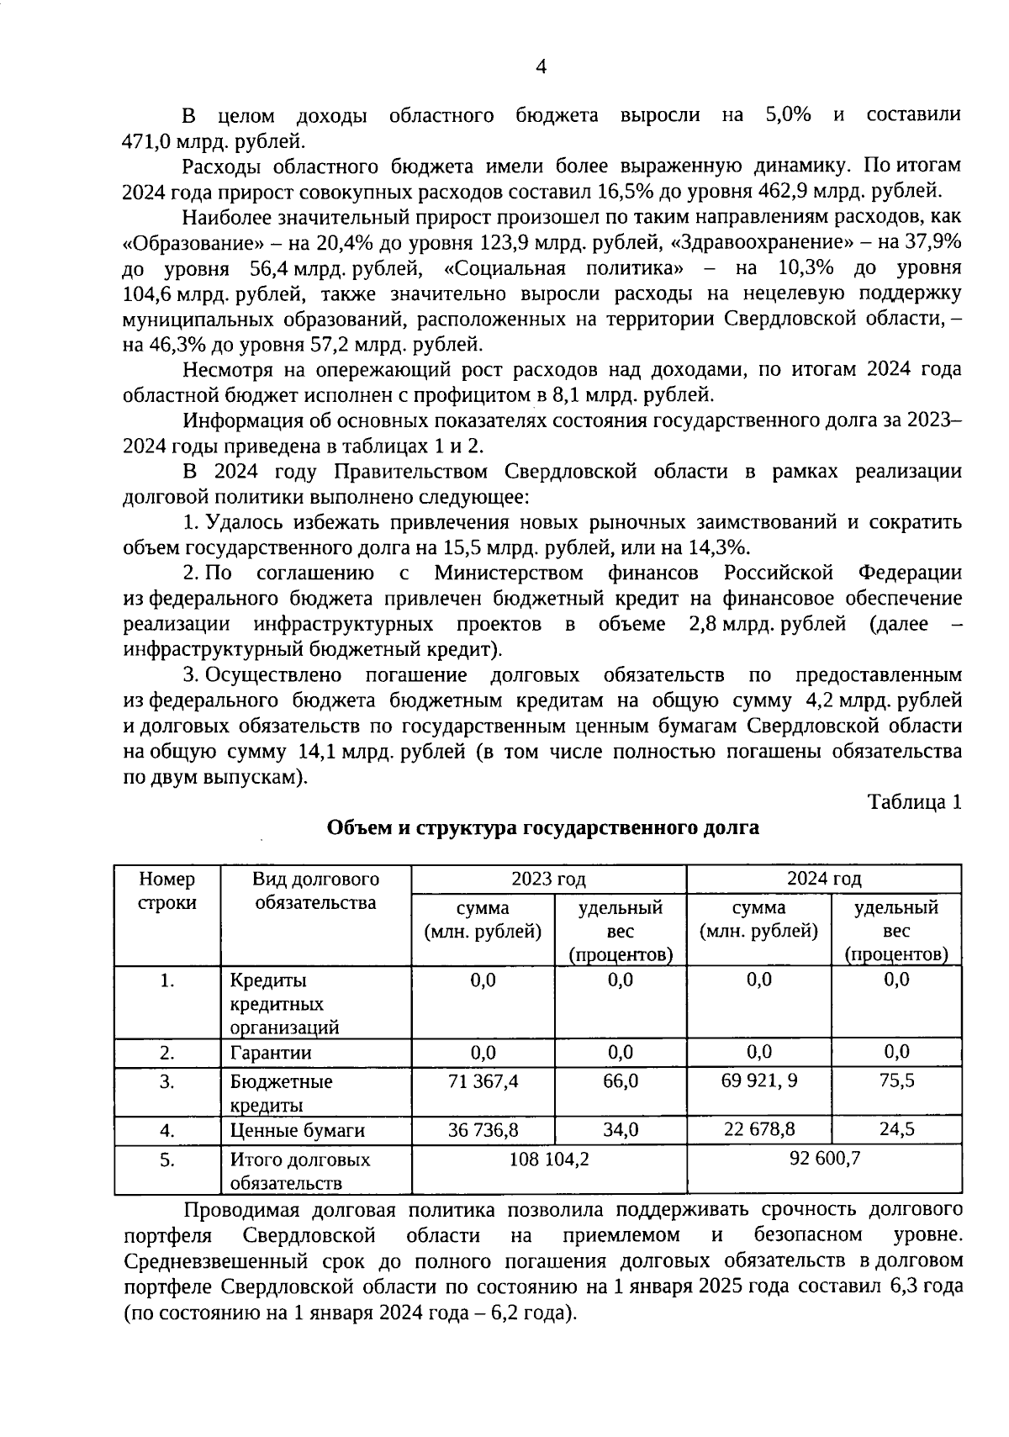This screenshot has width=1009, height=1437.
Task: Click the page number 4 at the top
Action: pyautogui.click(x=541, y=68)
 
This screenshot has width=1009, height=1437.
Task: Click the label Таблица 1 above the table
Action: pyautogui.click(x=914, y=802)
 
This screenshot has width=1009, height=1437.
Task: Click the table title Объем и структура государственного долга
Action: pyautogui.click(x=542, y=827)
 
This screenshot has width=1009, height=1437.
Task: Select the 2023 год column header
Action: pyautogui.click(x=548, y=880)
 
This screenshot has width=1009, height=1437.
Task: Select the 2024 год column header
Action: pyautogui.click(x=823, y=880)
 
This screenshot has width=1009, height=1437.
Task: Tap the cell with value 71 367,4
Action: pyautogui.click(x=483, y=1081)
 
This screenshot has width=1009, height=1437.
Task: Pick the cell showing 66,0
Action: pyautogui.click(x=621, y=1081)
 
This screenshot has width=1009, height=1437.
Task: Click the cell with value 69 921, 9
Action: pyautogui.click(x=758, y=1081)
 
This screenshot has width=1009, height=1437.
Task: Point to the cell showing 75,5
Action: pyautogui.click(x=896, y=1081)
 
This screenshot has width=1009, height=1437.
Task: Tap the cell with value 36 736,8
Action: pyautogui.click(x=483, y=1130)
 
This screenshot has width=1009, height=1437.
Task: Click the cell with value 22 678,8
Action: pyautogui.click(x=758, y=1130)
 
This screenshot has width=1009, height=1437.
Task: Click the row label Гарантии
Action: pyautogui.click(x=271, y=1053)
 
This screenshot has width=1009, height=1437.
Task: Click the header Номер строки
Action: pyautogui.click(x=166, y=891)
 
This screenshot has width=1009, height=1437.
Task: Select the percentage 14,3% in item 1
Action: pyautogui.click(x=720, y=548)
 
